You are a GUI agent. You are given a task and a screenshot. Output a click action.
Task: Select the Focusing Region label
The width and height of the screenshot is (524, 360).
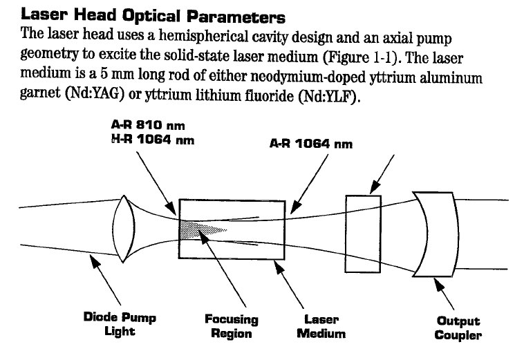click(x=231, y=326)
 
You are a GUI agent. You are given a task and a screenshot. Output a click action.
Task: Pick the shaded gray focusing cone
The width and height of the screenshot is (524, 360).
click(x=200, y=228)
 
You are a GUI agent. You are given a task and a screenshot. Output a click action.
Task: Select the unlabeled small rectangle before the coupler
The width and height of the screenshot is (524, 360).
click(x=362, y=228)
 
